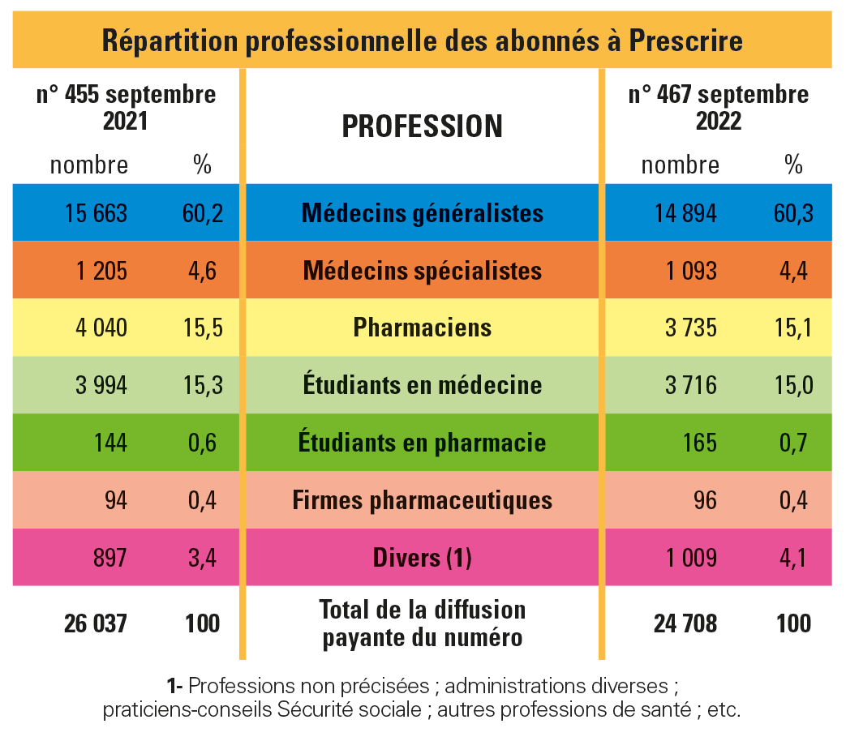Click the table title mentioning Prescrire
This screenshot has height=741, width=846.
click(422, 41)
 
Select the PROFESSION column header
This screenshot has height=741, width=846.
click(422, 126)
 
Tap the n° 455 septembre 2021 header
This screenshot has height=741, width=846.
click(127, 107)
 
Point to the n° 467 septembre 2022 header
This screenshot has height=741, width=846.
click(719, 107)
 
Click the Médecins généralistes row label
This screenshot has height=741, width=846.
click(422, 213)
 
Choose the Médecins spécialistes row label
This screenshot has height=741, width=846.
click(422, 270)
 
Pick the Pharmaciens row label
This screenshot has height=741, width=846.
click(422, 328)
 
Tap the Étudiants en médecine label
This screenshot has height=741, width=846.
click(422, 384)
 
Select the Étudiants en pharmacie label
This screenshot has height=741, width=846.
click(422, 443)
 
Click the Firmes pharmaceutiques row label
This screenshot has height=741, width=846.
click(422, 500)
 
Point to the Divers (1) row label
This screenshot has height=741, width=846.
click(422, 558)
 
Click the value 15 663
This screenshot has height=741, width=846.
click(96, 213)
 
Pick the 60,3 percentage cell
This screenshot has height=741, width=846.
click(792, 213)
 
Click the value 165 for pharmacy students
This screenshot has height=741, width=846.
click(701, 443)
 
